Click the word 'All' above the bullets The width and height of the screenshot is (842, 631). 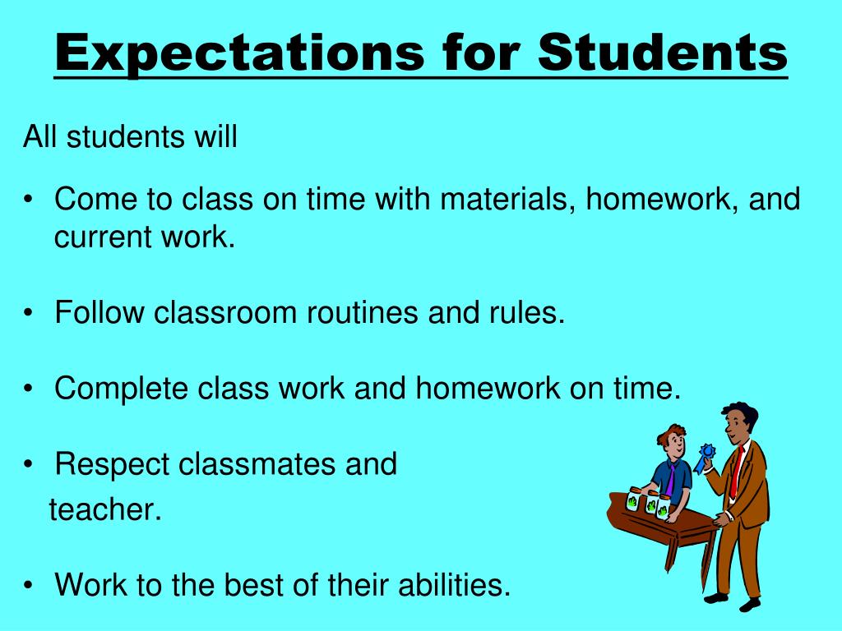(x=40, y=137)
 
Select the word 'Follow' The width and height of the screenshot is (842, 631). (x=99, y=313)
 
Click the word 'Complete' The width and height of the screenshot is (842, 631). (x=121, y=389)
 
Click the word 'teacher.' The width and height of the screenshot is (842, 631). (x=105, y=510)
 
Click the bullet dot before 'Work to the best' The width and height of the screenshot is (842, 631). (x=30, y=587)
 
